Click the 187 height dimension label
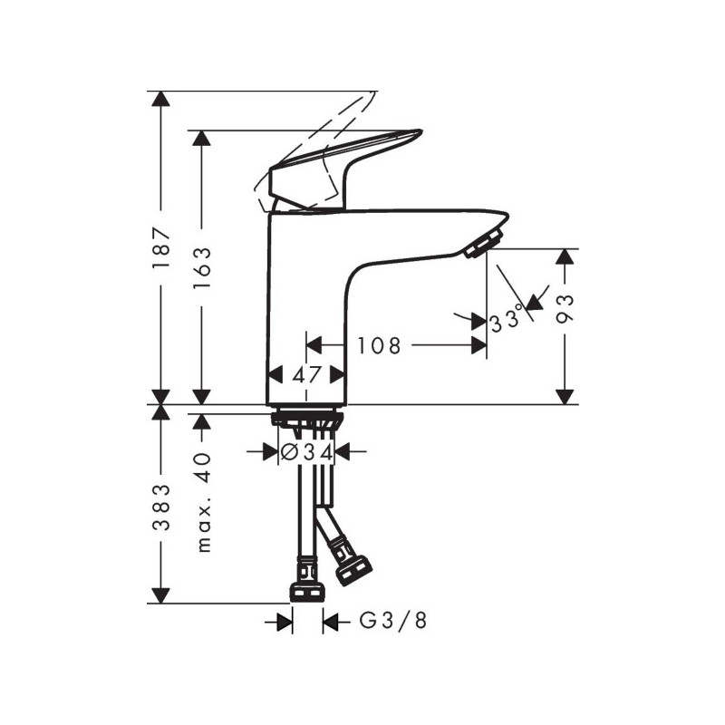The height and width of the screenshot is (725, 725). [x=161, y=248]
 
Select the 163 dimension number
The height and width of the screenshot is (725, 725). [x=202, y=267]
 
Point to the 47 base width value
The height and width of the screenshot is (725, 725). [x=307, y=373]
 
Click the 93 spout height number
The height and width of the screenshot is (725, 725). [x=565, y=310]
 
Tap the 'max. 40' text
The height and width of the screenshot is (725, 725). [x=202, y=501]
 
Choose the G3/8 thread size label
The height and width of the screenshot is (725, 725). [x=391, y=622]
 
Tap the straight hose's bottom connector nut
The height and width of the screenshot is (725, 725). [x=306, y=590]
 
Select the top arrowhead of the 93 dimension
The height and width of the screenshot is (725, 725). [x=565, y=257]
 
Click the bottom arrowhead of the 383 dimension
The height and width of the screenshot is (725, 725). [x=161, y=594]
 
